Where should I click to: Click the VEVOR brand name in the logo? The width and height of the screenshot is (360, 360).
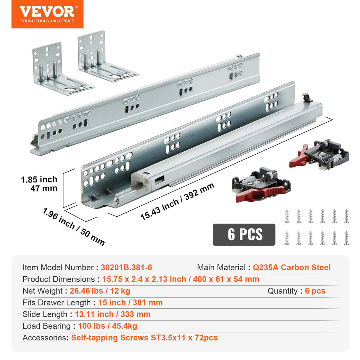[47, 11]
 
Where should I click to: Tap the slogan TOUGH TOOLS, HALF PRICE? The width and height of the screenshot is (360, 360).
[47, 21]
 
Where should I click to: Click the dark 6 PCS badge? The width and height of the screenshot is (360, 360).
[244, 234]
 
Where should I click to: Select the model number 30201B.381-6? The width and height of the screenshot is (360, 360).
[126, 268]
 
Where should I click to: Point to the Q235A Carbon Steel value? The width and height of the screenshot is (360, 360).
[291, 268]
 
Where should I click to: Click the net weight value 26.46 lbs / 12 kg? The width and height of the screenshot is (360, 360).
[100, 291]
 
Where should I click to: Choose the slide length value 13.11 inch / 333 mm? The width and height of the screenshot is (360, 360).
[113, 314]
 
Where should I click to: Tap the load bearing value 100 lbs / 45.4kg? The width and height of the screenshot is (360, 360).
[108, 326]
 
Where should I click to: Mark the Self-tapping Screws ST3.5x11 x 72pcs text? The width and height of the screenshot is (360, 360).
[144, 338]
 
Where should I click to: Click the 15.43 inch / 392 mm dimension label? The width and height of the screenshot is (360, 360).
[177, 201]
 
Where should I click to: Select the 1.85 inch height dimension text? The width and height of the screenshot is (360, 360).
[39, 179]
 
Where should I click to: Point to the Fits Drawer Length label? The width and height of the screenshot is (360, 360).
[57, 303]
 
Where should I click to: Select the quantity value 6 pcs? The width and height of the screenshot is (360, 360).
[315, 291]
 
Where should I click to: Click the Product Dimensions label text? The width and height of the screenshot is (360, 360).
[59, 279]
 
